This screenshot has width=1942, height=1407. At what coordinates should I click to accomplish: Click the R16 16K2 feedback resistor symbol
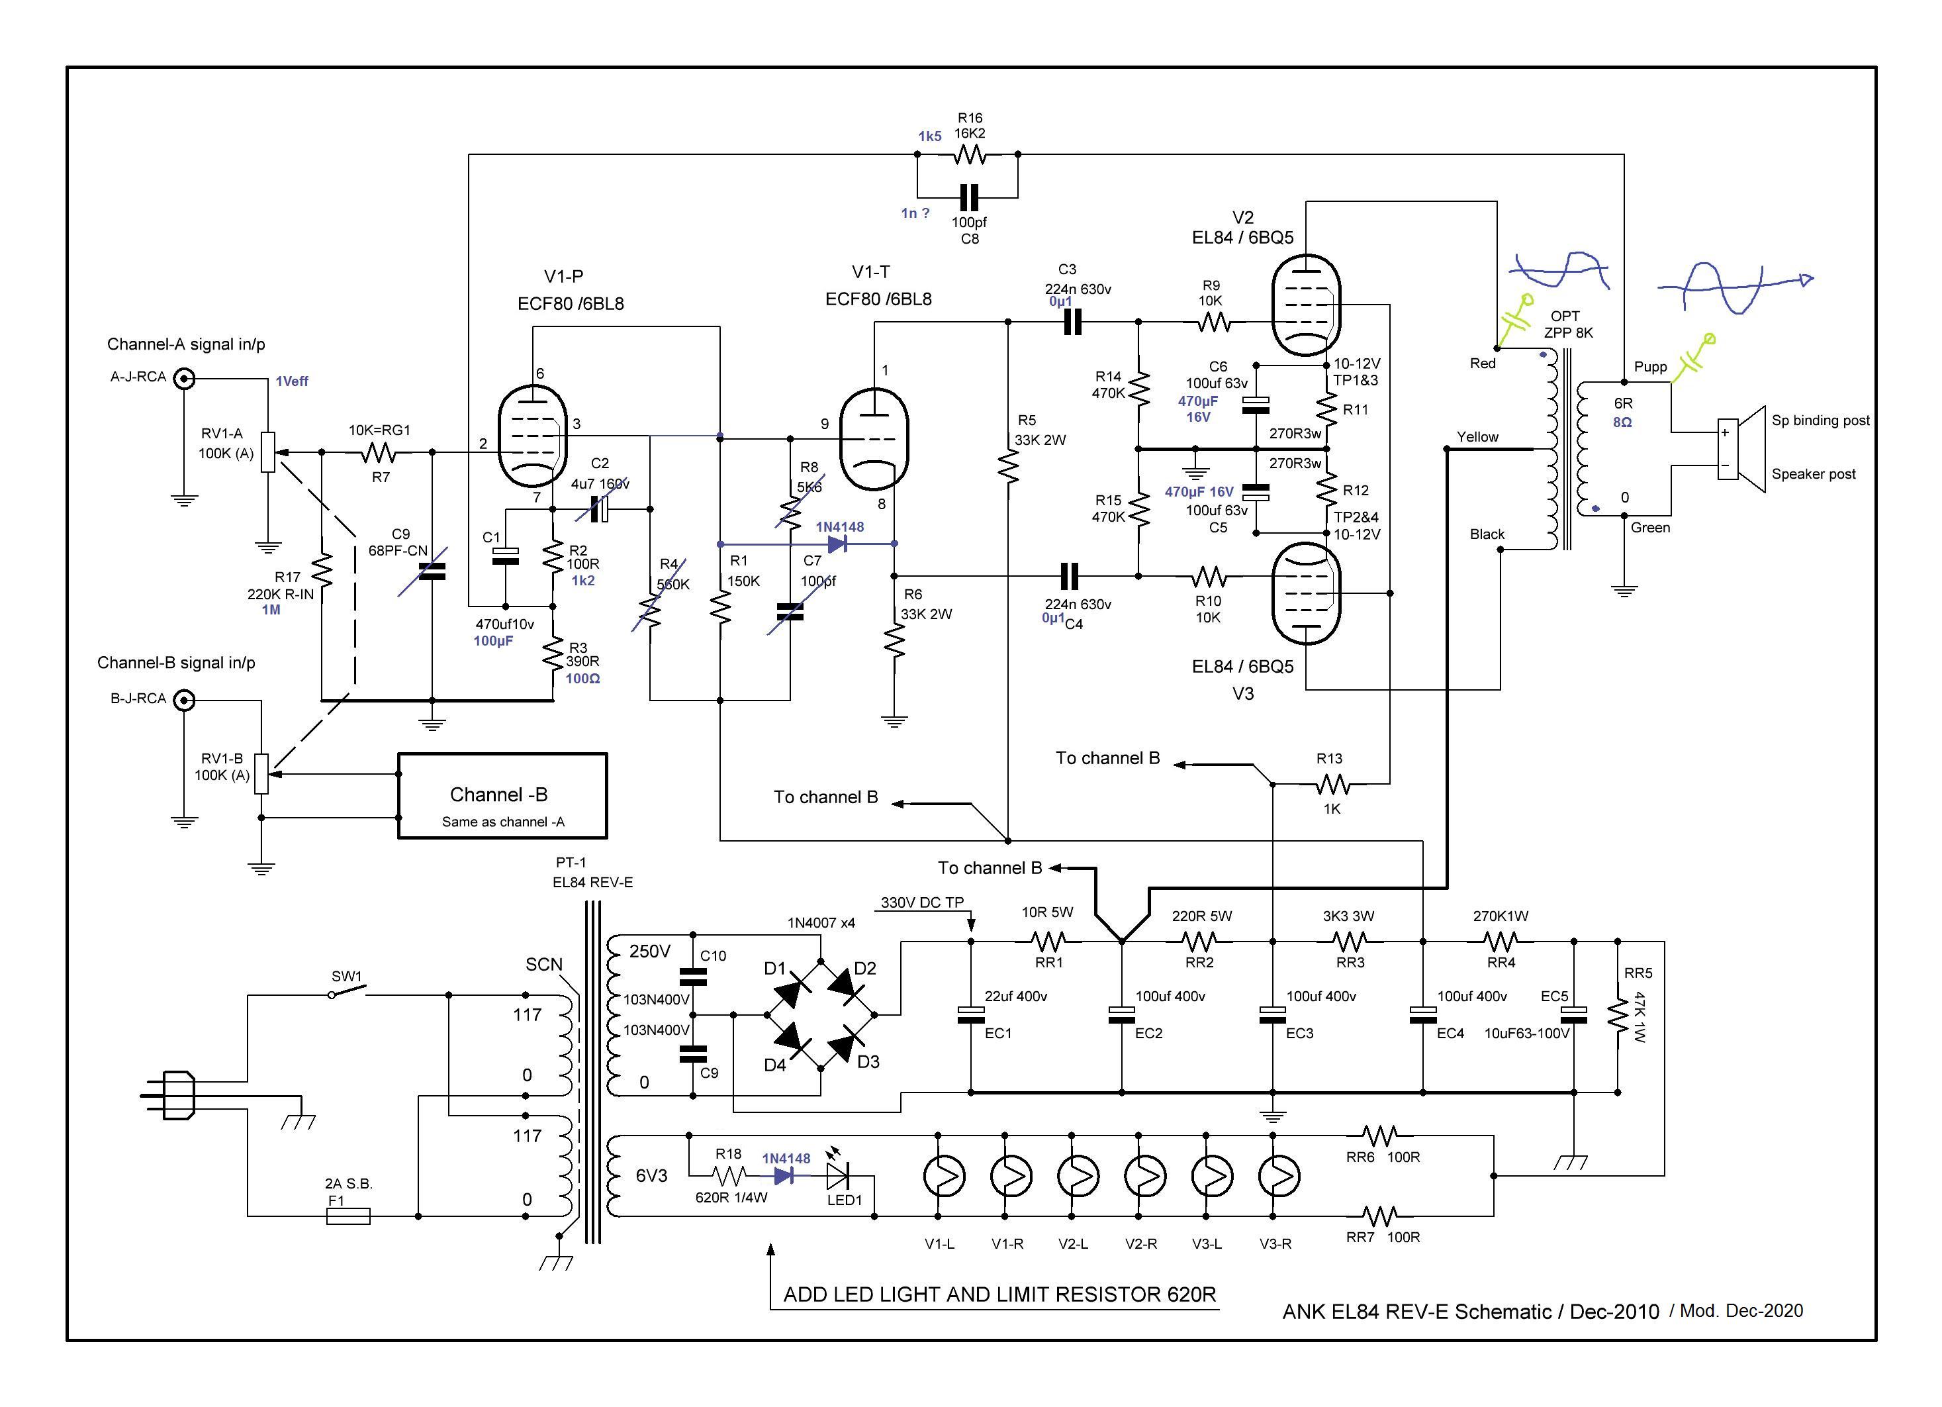tap(969, 155)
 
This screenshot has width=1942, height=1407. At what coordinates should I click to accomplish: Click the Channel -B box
tap(502, 796)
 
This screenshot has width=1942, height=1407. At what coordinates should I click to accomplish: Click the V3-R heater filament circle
tap(1278, 1177)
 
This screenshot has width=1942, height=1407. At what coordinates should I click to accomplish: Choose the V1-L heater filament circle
tap(944, 1177)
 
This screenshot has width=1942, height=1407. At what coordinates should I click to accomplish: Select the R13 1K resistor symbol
tap(1332, 783)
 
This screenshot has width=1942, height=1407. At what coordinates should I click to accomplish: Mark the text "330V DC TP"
tap(922, 902)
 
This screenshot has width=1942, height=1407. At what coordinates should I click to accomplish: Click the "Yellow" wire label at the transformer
tap(1478, 437)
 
